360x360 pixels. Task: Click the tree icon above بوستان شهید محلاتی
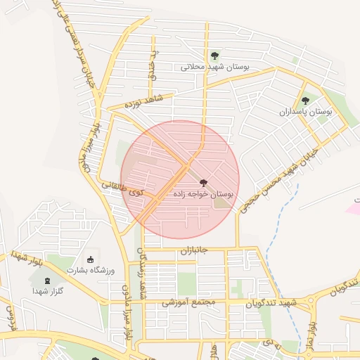tap(214, 56)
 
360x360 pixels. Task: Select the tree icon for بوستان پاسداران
tap(304, 100)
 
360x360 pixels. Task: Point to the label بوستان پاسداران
tap(304, 112)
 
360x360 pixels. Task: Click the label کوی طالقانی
tap(122, 188)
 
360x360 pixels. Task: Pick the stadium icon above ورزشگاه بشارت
tap(89, 259)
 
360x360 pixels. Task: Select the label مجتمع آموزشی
tap(186, 304)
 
